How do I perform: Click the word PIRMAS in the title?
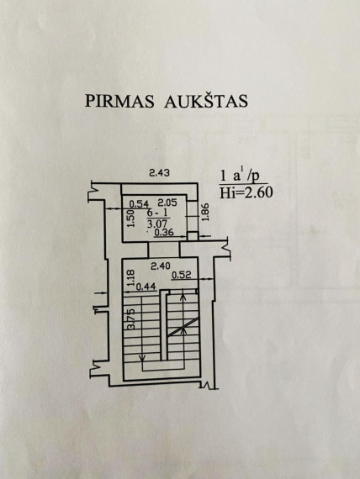pyautogui.click(x=119, y=101)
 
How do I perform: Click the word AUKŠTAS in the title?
pyautogui.click(x=206, y=100)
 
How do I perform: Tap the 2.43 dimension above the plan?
pyautogui.click(x=159, y=173)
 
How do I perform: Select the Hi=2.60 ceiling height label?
pyautogui.click(x=246, y=192)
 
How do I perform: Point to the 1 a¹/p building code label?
pyautogui.click(x=240, y=176)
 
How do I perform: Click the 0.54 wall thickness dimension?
pyautogui.click(x=138, y=203)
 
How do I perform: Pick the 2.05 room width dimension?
pyautogui.click(x=167, y=203)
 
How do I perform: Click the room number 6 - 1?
pyautogui.click(x=157, y=213)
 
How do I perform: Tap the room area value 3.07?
pyautogui.click(x=157, y=224)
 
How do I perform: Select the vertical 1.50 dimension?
pyautogui.click(x=130, y=218)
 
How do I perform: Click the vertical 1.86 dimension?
pyautogui.click(x=205, y=212)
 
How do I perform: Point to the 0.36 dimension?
pyautogui.click(x=164, y=233)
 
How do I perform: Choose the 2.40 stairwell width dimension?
pyautogui.click(x=161, y=266)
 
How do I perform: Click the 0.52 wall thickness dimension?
pyautogui.click(x=181, y=276)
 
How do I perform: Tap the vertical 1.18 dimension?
pyautogui.click(x=131, y=277)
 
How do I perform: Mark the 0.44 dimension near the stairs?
pyautogui.click(x=146, y=287)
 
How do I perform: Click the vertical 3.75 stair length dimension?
pyautogui.click(x=131, y=319)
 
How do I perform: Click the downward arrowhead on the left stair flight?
pyautogui.click(x=142, y=358)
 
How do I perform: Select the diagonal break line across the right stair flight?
pyautogui.click(x=183, y=327)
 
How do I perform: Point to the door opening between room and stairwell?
pyautogui.click(x=164, y=250)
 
